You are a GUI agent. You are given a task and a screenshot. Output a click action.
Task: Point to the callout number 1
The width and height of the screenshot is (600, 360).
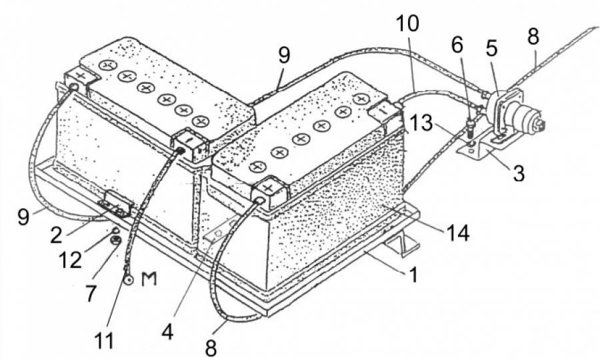[413, 274]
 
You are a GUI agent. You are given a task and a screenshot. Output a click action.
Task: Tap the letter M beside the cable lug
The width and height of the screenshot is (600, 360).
[149, 279]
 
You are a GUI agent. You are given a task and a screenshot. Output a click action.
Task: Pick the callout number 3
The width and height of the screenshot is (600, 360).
[518, 173]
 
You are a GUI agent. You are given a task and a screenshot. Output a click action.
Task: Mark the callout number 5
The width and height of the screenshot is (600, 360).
[491, 49]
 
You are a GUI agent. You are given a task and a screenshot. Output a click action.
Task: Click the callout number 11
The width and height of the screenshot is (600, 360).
[104, 340]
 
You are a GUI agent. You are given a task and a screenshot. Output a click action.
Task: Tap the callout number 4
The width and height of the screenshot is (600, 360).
[167, 331]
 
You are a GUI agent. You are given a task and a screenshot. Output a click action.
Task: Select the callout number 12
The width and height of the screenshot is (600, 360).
[70, 261]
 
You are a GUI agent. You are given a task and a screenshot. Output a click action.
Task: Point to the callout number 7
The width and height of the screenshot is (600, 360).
[90, 293]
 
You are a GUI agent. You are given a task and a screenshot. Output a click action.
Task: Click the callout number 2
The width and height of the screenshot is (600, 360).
[56, 235]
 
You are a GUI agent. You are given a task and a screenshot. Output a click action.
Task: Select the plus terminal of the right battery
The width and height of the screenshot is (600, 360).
[269, 191]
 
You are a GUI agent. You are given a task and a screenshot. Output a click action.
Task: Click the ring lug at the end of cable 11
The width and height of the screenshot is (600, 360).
[127, 280]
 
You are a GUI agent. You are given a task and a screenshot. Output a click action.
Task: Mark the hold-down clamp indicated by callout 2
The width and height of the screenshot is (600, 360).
[116, 203]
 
